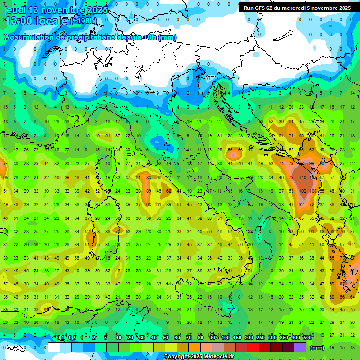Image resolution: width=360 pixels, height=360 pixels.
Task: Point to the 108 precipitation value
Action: click(x=313, y=191)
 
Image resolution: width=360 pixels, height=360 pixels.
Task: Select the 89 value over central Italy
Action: click(x=149, y=191)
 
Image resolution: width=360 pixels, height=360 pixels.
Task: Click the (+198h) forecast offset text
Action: click(x=83, y=21)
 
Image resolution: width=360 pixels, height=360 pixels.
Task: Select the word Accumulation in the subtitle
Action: click(x=29, y=37)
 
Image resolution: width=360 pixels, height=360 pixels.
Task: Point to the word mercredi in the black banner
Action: click(x=298, y=8)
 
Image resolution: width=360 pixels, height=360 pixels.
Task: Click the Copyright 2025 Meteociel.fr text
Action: click(x=199, y=357)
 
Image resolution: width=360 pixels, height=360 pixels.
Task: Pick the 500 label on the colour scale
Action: click(x=307, y=338)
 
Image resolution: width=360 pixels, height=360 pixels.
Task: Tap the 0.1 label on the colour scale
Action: click(x=60, y=338)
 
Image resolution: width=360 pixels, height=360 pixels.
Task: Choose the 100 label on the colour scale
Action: click(x=225, y=338)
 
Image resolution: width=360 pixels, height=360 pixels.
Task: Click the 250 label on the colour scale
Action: click(x=261, y=338)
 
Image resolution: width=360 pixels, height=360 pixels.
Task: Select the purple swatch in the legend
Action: click(x=300, y=347)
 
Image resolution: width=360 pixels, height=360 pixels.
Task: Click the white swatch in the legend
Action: click(x=54, y=347)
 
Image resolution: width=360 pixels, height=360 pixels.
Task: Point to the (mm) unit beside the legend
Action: click(x=317, y=347)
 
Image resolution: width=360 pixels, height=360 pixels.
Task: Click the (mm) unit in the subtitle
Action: click(x=168, y=37)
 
